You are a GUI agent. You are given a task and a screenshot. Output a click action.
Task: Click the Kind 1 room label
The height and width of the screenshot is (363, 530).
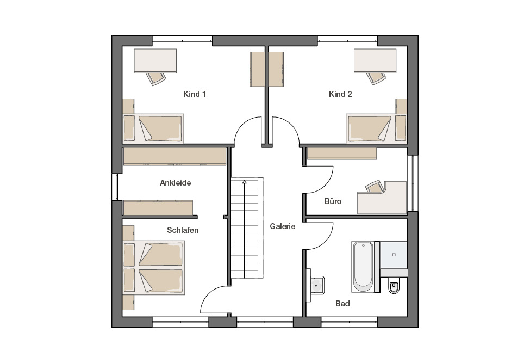pyautogui.click(x=195, y=94)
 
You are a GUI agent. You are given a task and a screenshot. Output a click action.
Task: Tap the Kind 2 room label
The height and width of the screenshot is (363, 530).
pyautogui.click(x=340, y=94)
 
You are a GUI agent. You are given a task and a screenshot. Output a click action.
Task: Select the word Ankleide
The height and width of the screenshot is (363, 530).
pyautogui.click(x=176, y=183)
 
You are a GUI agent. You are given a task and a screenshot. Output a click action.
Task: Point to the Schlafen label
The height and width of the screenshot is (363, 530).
pyautogui.click(x=183, y=230)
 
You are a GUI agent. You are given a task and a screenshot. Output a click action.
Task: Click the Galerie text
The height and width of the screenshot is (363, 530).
pyautogui.click(x=283, y=226)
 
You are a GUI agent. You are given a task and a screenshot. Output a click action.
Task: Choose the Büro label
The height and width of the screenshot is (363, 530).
pyautogui.click(x=333, y=201)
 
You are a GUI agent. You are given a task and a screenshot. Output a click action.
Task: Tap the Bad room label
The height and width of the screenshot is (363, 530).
pyautogui.click(x=342, y=304)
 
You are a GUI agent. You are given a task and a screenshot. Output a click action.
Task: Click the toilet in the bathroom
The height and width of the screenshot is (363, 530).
pyautogui.click(x=394, y=287)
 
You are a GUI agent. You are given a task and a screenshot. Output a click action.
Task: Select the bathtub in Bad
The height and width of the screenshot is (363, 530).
pyautogui.click(x=363, y=267)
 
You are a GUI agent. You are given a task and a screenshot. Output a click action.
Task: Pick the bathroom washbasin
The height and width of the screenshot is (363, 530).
pyautogui.click(x=317, y=285)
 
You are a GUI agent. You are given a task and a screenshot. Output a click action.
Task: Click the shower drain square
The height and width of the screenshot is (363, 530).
pyautogui.click(x=394, y=255)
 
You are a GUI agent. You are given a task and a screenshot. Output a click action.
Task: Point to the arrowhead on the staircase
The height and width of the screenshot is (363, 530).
pyautogui.click(x=245, y=182)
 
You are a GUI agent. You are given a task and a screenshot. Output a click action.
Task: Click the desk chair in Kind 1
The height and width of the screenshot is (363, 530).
pyautogui.click(x=156, y=79)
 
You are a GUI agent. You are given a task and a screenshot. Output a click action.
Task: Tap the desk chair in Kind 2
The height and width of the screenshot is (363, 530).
pyautogui.click(x=376, y=78)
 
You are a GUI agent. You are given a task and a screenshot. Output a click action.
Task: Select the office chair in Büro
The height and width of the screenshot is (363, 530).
pyautogui.click(x=375, y=187)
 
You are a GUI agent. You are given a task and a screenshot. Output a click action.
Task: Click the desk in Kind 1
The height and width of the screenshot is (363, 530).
pyautogui.click(x=155, y=61)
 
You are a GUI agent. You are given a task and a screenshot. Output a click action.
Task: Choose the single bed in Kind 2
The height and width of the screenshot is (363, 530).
pyautogui.click(x=377, y=128)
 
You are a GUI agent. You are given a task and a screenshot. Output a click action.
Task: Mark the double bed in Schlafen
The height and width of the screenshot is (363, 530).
pyautogui.click(x=154, y=267)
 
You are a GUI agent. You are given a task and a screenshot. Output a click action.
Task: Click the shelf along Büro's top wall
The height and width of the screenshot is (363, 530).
pyautogui.click(x=342, y=153)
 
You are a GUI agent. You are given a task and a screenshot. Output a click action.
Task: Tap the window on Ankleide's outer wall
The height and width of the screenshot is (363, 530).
pyautogui.click(x=115, y=187)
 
